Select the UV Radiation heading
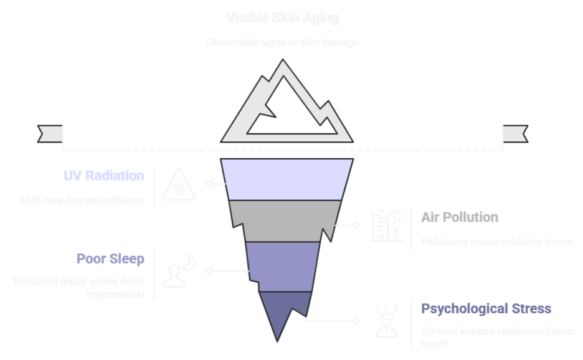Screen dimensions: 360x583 click(x=103, y=176)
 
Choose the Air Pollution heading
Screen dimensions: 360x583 click(x=459, y=217)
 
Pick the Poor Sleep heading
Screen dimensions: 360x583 click(x=110, y=258)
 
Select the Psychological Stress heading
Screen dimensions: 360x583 click(x=486, y=309)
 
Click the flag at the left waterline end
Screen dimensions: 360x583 click(x=51, y=133)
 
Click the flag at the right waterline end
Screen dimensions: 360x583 click(x=514, y=133)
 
